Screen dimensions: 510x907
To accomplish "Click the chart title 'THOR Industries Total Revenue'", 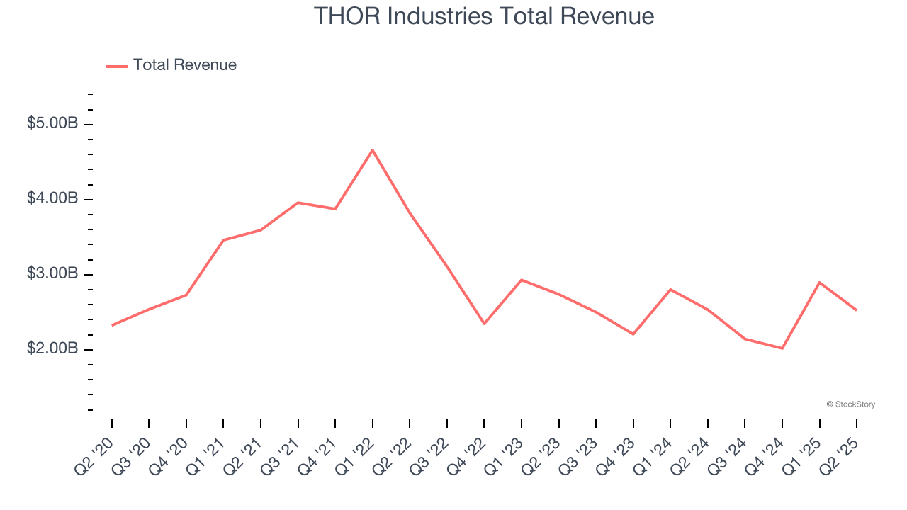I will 484,16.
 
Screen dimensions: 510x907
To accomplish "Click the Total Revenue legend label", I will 184,65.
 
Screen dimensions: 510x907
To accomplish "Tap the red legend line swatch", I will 117,66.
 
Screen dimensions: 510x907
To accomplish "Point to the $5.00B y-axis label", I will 52,123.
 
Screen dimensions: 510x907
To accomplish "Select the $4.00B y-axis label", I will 52,198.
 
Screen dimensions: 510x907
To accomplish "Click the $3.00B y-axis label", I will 52,273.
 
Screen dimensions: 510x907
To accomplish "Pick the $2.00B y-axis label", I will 52,348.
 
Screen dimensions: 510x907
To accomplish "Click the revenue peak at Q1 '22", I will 373,149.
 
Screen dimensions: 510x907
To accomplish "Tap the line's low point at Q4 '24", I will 782,348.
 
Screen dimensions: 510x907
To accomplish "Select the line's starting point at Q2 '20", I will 112,325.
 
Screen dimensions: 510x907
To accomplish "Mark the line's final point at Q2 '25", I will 857,310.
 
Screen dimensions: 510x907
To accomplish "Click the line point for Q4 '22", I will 484,324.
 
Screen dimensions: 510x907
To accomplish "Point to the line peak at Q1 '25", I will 820,283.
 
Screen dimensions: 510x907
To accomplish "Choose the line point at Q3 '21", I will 298,203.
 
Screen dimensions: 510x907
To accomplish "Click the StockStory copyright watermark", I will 850,404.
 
